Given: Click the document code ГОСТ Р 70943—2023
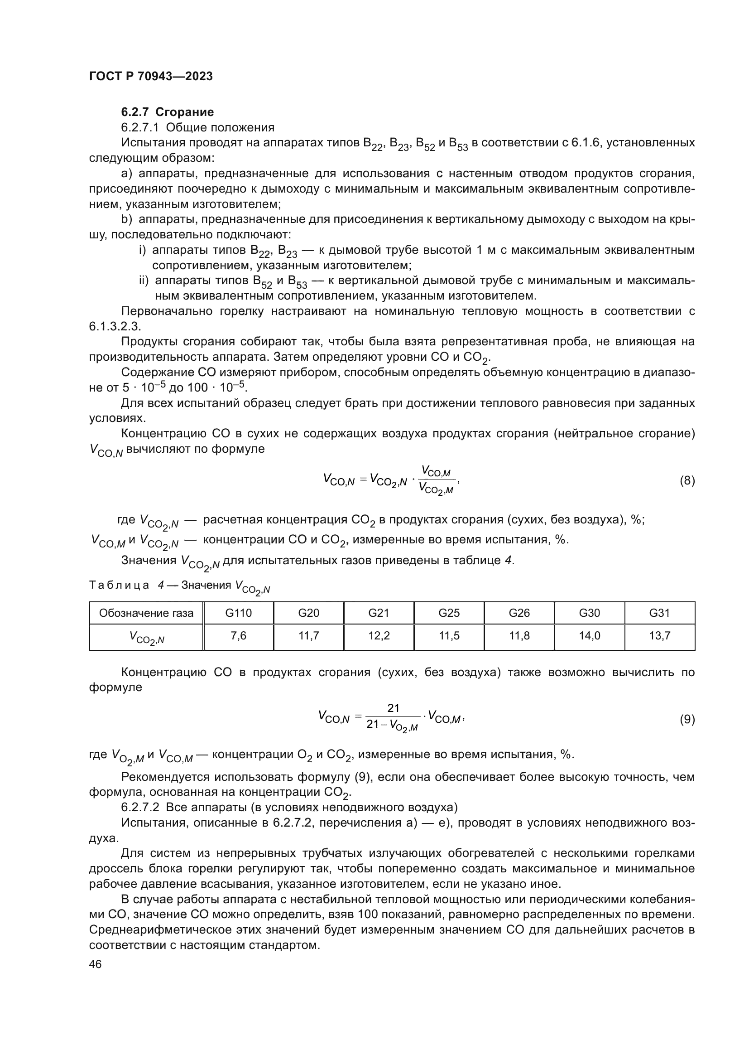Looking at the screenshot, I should (x=151, y=76).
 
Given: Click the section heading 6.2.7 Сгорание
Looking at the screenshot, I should (x=168, y=112).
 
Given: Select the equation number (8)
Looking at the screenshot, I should (x=687, y=480).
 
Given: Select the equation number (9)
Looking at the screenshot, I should (x=687, y=719).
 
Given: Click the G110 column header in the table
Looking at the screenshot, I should (x=239, y=613).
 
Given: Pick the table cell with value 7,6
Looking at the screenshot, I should (x=239, y=636).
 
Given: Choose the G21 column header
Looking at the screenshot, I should (x=379, y=613).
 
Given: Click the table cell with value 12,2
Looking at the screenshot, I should (x=379, y=636).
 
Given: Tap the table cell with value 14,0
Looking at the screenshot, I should (x=590, y=636).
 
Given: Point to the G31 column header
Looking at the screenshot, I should (x=659, y=613).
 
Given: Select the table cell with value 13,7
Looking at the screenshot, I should (x=659, y=636).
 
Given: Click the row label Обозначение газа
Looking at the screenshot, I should (x=146, y=613).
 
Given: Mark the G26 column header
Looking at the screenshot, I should (x=519, y=613).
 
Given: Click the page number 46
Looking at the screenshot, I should (x=95, y=964).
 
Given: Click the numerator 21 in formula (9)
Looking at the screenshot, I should (x=394, y=708).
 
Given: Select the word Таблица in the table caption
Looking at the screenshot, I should (x=119, y=586).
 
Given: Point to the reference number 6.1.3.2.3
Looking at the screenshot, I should (x=114, y=326).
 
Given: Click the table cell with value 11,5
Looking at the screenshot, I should (x=449, y=636).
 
